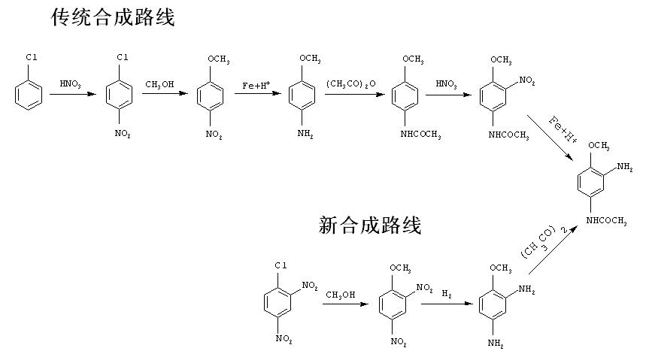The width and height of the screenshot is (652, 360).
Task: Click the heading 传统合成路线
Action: point(113,17)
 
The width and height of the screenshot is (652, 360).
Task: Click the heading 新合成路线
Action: point(370,225)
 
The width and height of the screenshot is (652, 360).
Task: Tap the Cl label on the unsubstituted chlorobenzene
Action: point(32,57)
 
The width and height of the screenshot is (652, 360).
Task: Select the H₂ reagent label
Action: point(447,294)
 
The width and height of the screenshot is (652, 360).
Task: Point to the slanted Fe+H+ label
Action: point(563,130)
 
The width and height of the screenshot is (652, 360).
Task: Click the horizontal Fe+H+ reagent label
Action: point(256,85)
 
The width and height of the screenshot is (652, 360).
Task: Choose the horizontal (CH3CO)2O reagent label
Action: point(350,84)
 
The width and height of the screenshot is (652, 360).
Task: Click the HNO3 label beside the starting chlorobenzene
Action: point(70,84)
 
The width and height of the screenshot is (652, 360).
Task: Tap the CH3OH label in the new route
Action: point(341,295)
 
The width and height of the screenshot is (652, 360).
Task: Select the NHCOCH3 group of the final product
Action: point(606,221)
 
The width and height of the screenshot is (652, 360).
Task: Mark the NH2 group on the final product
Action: point(625,167)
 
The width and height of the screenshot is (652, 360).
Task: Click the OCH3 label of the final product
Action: point(599,146)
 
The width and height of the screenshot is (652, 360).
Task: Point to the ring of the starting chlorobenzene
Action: point(29,95)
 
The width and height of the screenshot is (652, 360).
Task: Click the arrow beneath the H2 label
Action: point(447,304)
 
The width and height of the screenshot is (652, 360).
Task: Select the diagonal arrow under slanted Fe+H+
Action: point(550,138)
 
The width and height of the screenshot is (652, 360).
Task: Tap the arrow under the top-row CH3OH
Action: point(165,93)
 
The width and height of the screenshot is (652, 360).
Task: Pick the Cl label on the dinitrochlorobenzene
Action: point(281,265)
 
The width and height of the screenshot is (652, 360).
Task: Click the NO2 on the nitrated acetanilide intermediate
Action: point(527,80)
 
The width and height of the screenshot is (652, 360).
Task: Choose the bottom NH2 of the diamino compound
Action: point(496,343)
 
